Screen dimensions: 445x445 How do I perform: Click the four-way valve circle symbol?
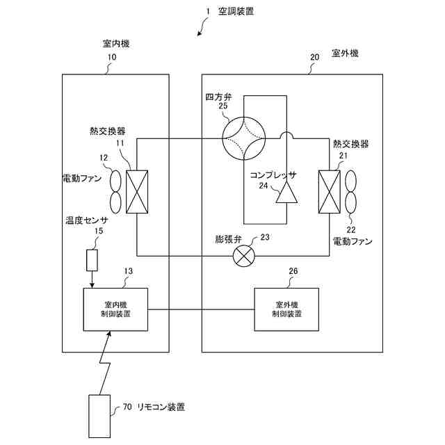point(244,136)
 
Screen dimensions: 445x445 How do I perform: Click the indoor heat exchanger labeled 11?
point(138,192)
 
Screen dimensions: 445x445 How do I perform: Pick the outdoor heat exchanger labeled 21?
point(328,192)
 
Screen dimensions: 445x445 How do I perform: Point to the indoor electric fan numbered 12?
point(115,192)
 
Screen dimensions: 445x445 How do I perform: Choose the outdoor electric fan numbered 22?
point(350,192)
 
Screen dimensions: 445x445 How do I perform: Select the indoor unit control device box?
point(116,309)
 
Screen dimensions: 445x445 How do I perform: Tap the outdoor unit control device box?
point(287,309)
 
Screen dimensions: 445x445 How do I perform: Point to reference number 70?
point(127,406)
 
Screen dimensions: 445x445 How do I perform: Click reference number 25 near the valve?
point(222,106)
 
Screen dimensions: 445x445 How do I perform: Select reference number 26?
point(292,271)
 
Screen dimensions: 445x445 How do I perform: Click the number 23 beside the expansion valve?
point(265,238)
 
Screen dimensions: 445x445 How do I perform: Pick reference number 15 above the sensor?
point(99,232)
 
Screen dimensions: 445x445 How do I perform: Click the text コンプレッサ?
point(273,175)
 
